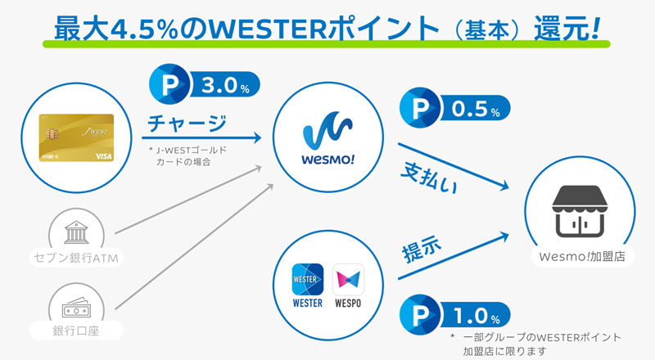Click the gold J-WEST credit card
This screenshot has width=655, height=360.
pyautogui.click(x=76, y=137)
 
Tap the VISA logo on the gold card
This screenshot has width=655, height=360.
pyautogui.click(x=104, y=156)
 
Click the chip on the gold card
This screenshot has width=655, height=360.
pyautogui.click(x=52, y=134)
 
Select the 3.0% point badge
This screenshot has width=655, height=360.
pyautogui.click(x=204, y=84)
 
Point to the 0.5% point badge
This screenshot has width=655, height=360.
pyautogui.click(x=455, y=108)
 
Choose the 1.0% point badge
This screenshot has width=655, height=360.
pyautogui.click(x=455, y=315)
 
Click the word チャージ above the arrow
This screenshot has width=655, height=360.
pyautogui.click(x=187, y=124)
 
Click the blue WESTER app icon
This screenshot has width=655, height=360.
pyautogui.click(x=308, y=279)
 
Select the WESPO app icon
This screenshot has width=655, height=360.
pyautogui.click(x=348, y=279)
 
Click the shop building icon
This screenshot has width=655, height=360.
pyautogui.click(x=580, y=211)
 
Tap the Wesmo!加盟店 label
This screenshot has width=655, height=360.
pyautogui.click(x=582, y=256)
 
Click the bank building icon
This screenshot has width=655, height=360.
pyautogui.click(x=76, y=232)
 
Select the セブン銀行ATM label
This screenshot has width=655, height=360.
pyautogui.click(x=75, y=258)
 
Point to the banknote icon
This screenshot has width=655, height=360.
pyautogui.click(x=76, y=308)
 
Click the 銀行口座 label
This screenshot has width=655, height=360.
pyautogui.click(x=75, y=331)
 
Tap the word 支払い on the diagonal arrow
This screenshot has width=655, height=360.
pyautogui.click(x=429, y=178)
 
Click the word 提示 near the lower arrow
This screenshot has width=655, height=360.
pyautogui.click(x=422, y=249)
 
